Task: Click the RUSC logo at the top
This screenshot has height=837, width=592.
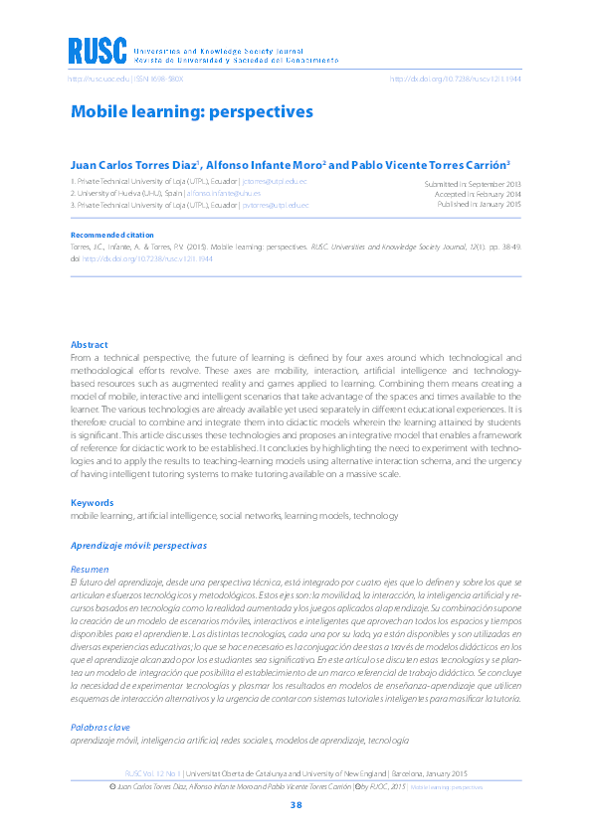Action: click(x=98, y=51)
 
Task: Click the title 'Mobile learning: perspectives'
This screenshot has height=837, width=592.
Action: click(x=191, y=111)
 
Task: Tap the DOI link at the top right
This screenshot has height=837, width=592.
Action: click(x=455, y=79)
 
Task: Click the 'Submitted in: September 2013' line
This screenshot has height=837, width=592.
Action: click(x=472, y=185)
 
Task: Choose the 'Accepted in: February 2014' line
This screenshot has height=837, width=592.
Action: click(x=475, y=195)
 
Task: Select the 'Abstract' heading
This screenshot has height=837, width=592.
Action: click(x=89, y=345)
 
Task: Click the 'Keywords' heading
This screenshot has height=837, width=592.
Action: click(x=92, y=503)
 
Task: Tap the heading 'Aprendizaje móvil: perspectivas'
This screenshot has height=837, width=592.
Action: click(x=138, y=546)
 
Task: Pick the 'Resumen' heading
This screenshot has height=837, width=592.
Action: click(x=90, y=569)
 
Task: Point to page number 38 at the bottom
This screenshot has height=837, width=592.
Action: click(x=296, y=804)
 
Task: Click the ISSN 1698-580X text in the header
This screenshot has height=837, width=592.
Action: click(x=158, y=79)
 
